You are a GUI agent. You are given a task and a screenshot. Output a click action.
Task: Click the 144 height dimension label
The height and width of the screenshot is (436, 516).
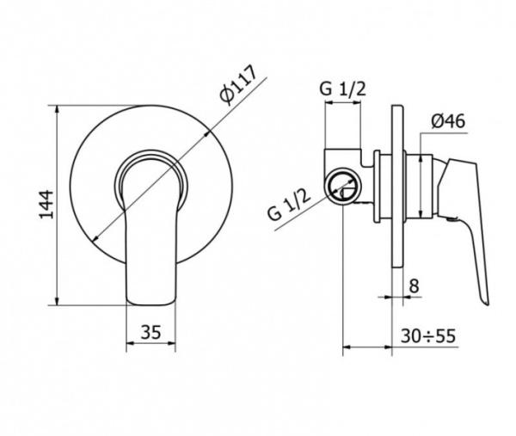[46, 204]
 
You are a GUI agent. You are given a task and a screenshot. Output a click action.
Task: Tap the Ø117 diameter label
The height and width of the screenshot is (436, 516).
[238, 86]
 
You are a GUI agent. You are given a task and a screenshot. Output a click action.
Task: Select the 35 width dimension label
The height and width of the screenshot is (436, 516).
[151, 332]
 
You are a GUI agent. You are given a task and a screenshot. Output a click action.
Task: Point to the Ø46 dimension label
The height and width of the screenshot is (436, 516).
[448, 121]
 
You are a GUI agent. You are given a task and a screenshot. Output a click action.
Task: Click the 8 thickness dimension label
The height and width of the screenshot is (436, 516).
[414, 286]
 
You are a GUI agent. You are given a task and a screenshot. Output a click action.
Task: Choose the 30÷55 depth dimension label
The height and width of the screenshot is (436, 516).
[428, 336]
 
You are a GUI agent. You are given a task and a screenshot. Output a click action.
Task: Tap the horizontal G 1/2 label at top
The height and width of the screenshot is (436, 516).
[342, 89]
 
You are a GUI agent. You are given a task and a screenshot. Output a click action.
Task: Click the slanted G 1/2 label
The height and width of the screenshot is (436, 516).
[289, 206]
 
